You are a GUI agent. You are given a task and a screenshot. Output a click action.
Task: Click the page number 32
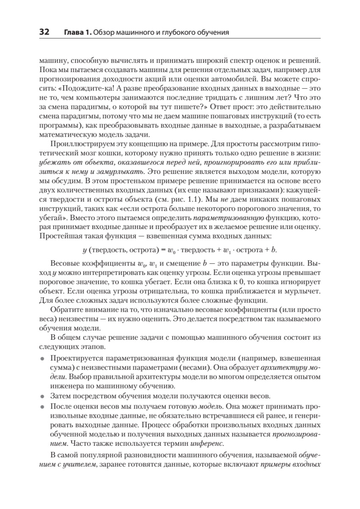(x=45, y=31)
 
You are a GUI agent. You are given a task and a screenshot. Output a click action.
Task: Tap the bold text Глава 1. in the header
(x=77, y=32)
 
